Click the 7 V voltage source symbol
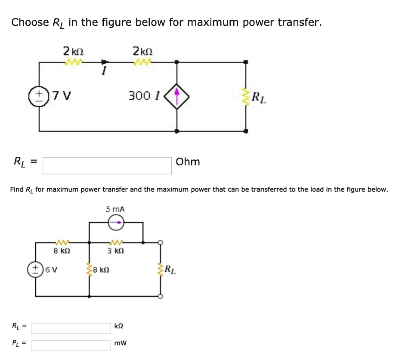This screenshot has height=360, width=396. point(40,95)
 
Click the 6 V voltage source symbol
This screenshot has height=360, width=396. point(36,270)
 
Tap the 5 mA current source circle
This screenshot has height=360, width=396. point(115,222)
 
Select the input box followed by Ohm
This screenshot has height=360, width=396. point(107,165)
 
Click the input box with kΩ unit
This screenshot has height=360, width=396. point(71,328)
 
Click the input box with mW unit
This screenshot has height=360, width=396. point(71,345)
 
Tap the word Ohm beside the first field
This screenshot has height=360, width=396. point(188,162)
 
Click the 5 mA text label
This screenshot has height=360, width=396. point(115,209)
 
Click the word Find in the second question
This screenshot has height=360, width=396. point(17,189)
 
